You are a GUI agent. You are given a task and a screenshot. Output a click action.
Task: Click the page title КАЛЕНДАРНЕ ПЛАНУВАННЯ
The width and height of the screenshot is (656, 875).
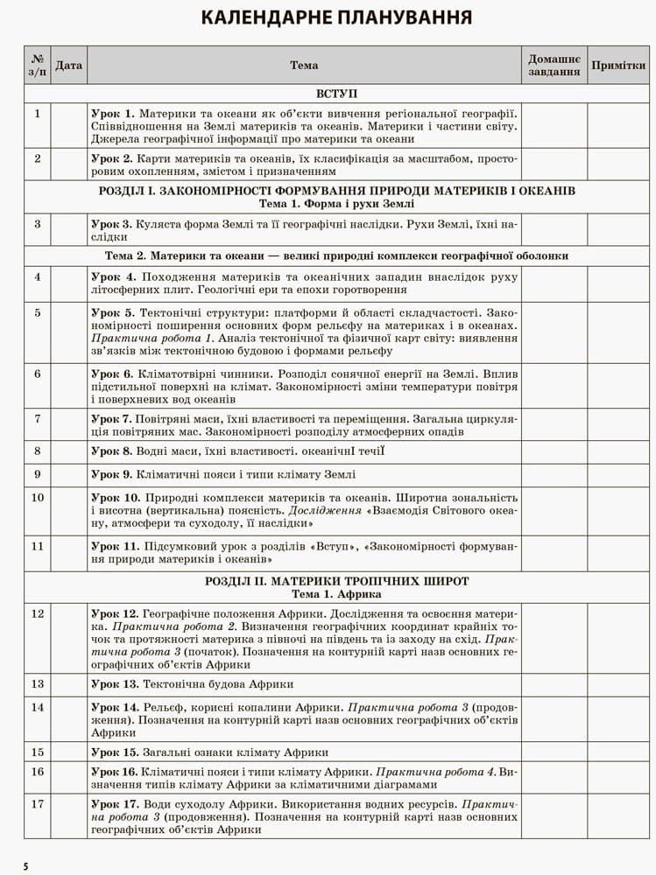(337, 17)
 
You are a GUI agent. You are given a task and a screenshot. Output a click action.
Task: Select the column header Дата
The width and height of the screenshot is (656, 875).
(69, 65)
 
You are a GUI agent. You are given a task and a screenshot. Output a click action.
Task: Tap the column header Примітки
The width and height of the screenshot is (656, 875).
(618, 65)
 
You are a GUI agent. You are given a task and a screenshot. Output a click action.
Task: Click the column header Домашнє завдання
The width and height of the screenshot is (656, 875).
(554, 65)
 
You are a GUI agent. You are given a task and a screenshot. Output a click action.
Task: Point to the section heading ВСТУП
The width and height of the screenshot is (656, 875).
(336, 94)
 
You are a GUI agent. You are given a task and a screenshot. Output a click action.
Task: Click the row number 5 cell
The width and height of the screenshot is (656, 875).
(38, 312)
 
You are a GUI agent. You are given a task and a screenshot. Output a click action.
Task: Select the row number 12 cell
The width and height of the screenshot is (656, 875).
(38, 613)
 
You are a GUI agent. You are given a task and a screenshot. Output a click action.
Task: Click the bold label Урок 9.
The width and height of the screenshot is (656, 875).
(111, 474)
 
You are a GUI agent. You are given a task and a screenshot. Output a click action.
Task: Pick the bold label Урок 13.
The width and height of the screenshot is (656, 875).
(114, 683)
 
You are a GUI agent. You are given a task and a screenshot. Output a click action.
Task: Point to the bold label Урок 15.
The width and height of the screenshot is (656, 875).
(114, 752)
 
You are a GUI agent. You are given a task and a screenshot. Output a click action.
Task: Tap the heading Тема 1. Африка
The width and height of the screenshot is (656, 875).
(336, 593)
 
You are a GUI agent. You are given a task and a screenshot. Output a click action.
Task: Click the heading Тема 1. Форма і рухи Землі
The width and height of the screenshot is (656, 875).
(336, 203)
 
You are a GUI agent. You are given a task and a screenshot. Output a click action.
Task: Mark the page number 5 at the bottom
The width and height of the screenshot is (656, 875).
(25, 866)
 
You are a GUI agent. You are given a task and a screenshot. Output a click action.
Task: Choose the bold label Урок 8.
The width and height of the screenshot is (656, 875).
(111, 451)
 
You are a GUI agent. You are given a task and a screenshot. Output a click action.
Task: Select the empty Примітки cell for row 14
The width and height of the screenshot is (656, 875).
(618, 719)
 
